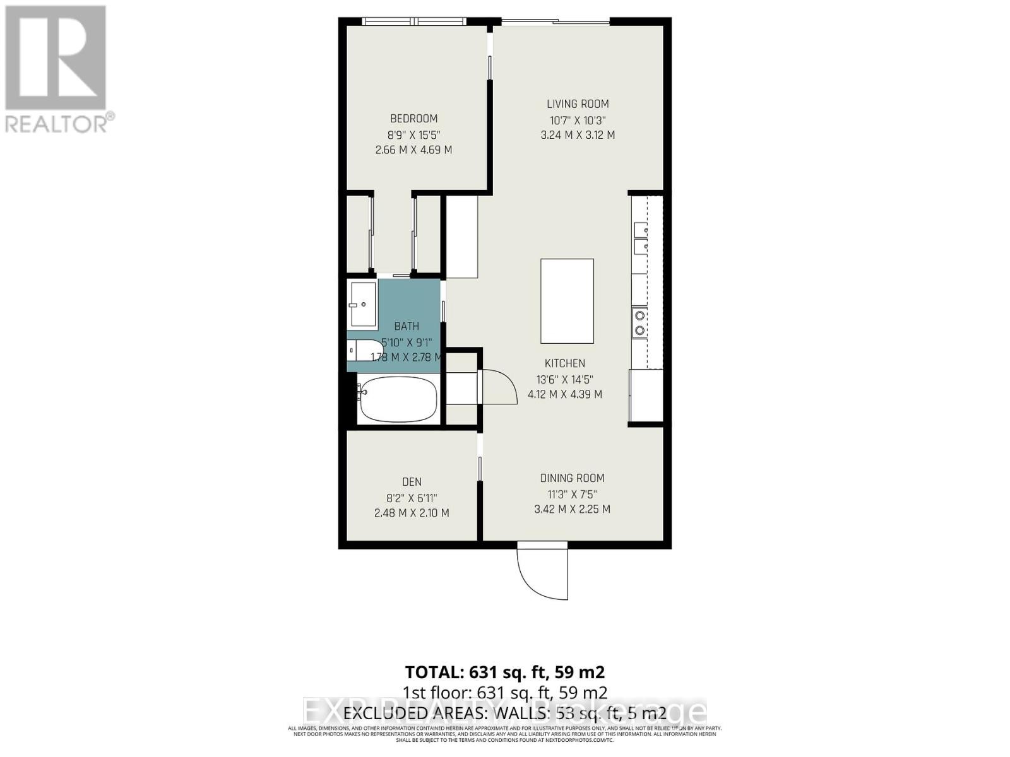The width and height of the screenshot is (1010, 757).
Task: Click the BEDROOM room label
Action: click(413, 119)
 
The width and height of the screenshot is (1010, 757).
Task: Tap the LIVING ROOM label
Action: click(578, 104)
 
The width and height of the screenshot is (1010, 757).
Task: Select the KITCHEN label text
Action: click(565, 363)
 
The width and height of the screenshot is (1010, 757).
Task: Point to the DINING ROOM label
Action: click(572, 478)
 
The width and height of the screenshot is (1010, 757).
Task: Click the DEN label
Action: click(412, 482)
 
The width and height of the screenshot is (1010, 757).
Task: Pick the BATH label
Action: click(407, 326)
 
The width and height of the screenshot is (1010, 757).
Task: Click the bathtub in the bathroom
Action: click(398, 400)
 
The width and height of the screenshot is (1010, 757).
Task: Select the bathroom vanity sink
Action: click(362, 305)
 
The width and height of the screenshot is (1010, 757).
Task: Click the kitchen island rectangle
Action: click(567, 300)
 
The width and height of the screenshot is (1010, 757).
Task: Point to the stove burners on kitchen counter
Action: click(639, 322)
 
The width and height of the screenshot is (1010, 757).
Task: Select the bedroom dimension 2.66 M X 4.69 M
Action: click(413, 150)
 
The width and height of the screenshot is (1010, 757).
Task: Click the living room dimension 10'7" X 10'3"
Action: click(578, 120)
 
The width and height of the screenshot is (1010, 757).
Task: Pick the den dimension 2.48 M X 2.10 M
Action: click(412, 513)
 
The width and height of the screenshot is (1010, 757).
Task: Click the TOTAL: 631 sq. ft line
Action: click(504, 672)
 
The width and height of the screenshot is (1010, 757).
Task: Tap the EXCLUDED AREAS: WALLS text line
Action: click(504, 713)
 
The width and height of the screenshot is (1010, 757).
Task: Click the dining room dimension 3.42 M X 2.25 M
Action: click(572, 509)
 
